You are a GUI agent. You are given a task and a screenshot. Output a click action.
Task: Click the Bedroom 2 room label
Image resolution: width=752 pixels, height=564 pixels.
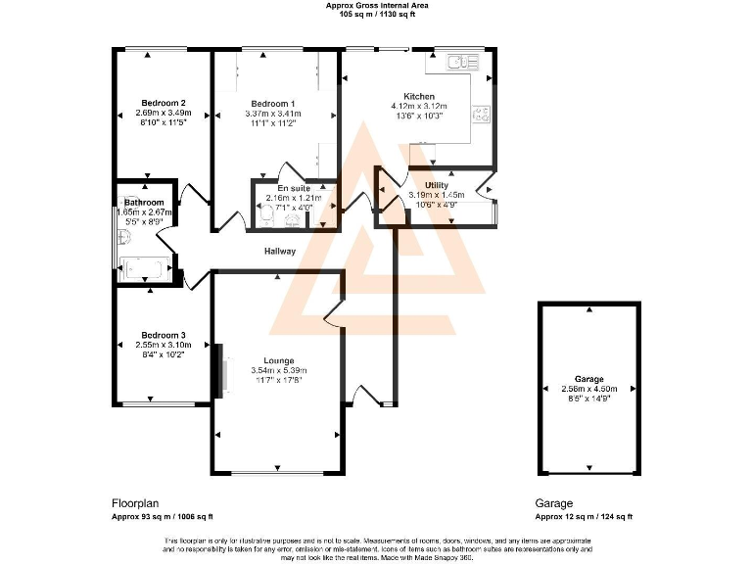pyautogui.click(x=163, y=103)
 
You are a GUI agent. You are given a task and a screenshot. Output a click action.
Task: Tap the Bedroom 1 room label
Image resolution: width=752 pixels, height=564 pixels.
pyautogui.click(x=272, y=103)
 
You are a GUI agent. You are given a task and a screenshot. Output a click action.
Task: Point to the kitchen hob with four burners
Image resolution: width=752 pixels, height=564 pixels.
pyautogui.click(x=482, y=115)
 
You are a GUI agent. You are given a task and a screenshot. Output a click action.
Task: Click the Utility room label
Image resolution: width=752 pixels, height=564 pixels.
pyautogui.click(x=437, y=185)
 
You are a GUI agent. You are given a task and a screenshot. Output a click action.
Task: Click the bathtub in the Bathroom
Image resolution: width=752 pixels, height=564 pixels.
pyautogui.click(x=145, y=266)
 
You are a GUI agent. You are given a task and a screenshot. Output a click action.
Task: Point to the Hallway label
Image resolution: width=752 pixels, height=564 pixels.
pyautogui.click(x=280, y=252)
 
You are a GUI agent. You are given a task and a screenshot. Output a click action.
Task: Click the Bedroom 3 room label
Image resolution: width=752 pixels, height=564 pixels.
pyautogui.click(x=163, y=335)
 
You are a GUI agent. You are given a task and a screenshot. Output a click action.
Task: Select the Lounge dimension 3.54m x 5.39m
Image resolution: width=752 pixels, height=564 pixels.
pyautogui.click(x=278, y=370)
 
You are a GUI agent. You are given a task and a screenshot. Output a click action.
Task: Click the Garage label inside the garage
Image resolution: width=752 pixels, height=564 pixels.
pyautogui.click(x=589, y=378)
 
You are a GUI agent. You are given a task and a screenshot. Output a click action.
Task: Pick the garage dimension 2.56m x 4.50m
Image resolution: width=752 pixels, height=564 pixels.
pyautogui.click(x=589, y=388)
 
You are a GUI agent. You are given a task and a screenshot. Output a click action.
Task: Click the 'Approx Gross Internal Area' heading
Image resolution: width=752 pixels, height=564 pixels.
pyautogui.click(x=376, y=6)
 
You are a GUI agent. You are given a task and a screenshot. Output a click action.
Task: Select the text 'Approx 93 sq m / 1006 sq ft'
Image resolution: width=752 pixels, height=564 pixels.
pyautogui.click(x=163, y=516)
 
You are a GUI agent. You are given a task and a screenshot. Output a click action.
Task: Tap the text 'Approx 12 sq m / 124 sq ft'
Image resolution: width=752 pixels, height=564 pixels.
pyautogui.click(x=584, y=516)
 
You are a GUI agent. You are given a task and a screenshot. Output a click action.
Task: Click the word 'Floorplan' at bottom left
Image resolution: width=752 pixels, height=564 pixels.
pyautogui.click(x=134, y=501)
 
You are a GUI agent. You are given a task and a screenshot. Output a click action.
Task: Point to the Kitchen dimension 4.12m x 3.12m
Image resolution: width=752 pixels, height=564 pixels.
pyautogui.click(x=419, y=106)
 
